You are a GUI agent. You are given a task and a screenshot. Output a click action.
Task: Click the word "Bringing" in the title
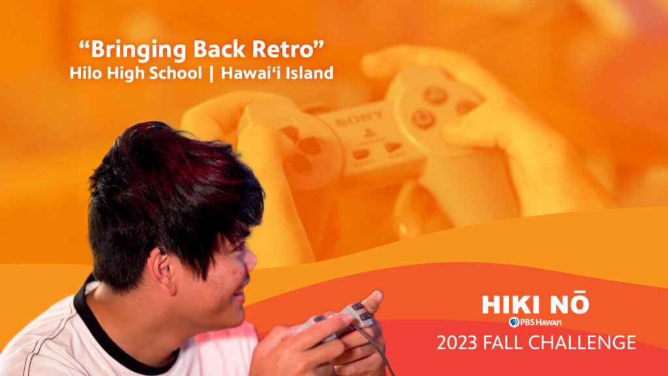tap(138, 50)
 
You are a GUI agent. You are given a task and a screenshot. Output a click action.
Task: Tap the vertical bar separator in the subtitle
tap(211, 73)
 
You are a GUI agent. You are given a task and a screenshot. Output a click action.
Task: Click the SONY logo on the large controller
tap(359, 119)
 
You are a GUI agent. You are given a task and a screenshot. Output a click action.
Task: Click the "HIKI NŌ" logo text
tap(536, 304)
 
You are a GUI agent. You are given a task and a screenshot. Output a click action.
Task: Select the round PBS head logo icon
tap(514, 322)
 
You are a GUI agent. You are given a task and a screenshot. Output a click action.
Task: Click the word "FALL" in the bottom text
tap(503, 343)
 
